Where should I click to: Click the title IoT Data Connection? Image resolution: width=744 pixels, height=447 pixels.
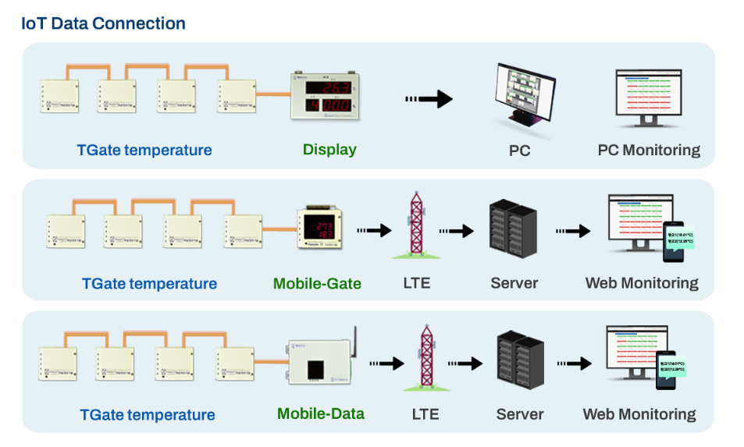[x=103, y=23]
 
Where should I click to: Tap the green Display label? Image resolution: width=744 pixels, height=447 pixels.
[x=329, y=149]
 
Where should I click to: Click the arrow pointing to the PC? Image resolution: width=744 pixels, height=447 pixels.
[x=429, y=99]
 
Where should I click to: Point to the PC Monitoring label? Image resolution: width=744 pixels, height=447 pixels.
[x=649, y=150]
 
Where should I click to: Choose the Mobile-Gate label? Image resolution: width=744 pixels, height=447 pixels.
[x=317, y=283]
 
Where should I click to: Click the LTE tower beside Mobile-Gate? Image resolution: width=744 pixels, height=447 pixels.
[x=415, y=227]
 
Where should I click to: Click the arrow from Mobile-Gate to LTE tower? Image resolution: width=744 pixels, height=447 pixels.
[x=373, y=230]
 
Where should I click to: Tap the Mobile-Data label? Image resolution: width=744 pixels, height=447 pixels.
[x=321, y=413]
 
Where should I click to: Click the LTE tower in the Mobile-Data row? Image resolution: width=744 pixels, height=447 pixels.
[x=425, y=358]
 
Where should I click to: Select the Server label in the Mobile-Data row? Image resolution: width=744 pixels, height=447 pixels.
[x=520, y=414]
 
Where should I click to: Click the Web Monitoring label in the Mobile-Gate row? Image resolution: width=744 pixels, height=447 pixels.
[x=642, y=283]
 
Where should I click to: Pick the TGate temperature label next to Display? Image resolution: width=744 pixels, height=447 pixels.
[x=144, y=150]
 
